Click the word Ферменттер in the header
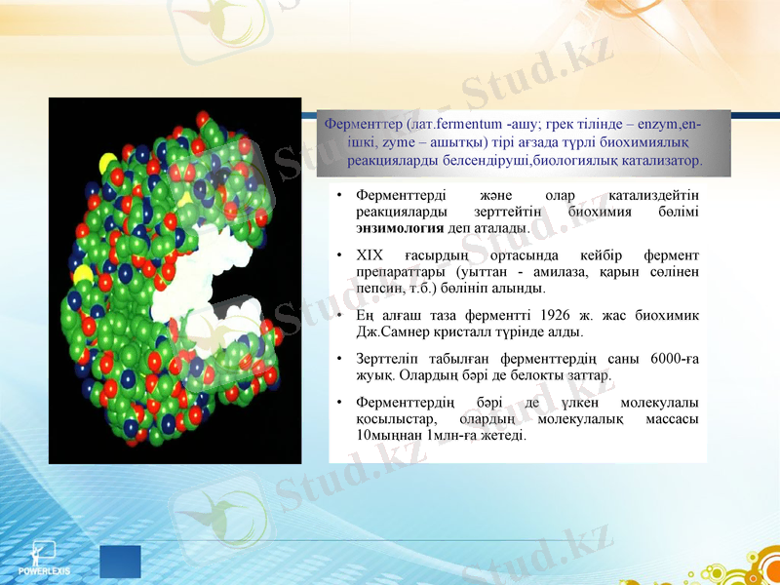tap(365, 125)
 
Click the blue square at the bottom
tap(120, 562)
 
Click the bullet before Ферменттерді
tap(338, 195)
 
